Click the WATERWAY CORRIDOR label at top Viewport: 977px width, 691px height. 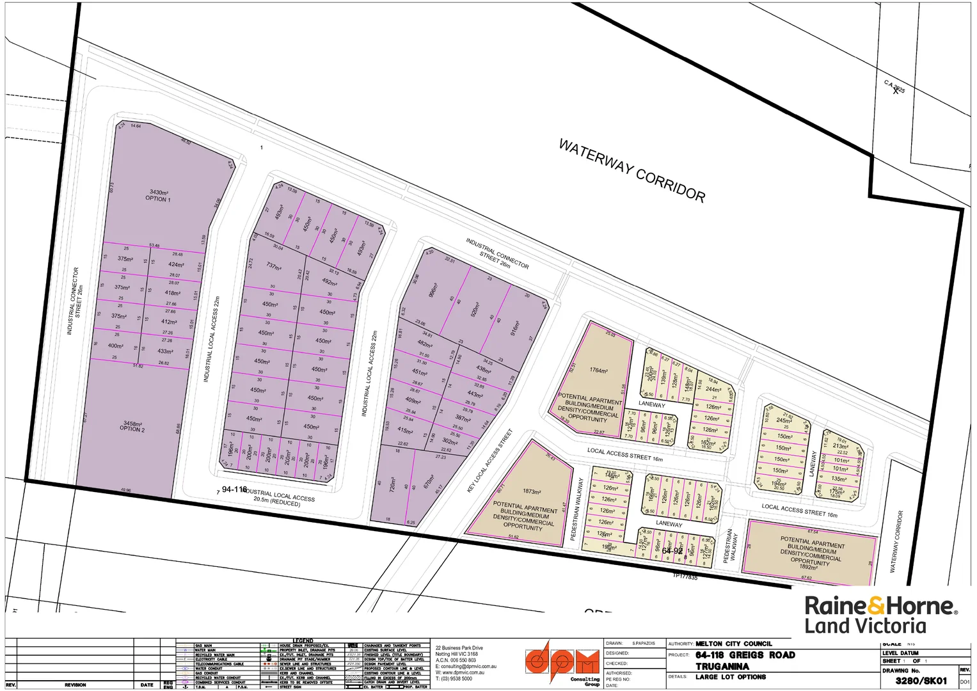631,171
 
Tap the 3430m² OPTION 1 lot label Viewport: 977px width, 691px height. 159,195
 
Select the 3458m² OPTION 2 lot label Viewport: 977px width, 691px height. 132,426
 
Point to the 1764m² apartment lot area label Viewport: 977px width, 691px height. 599,370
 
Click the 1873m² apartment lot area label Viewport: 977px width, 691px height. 532,491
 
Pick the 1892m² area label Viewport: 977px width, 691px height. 808,567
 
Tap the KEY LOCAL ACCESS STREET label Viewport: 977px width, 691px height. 490,461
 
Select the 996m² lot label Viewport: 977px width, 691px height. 433,290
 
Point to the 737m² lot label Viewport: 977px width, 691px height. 274,266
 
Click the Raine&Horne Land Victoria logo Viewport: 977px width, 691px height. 880,615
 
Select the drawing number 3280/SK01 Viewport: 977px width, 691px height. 921,680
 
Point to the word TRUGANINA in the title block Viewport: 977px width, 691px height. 722,666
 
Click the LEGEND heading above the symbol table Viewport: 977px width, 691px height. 303,640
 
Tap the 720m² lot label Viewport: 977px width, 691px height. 393,484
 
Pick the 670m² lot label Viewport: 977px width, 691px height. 429,482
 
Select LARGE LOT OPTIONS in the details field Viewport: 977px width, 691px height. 731,677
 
